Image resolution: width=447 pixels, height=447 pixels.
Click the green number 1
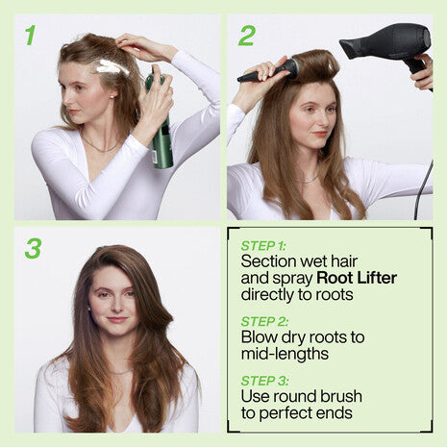30,36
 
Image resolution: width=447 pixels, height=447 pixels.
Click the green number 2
246,36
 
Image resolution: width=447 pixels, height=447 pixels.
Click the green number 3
33,248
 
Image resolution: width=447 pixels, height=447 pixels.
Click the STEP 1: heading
264,246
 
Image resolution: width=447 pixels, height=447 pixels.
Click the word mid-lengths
284,354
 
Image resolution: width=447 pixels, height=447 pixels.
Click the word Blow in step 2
261,336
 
